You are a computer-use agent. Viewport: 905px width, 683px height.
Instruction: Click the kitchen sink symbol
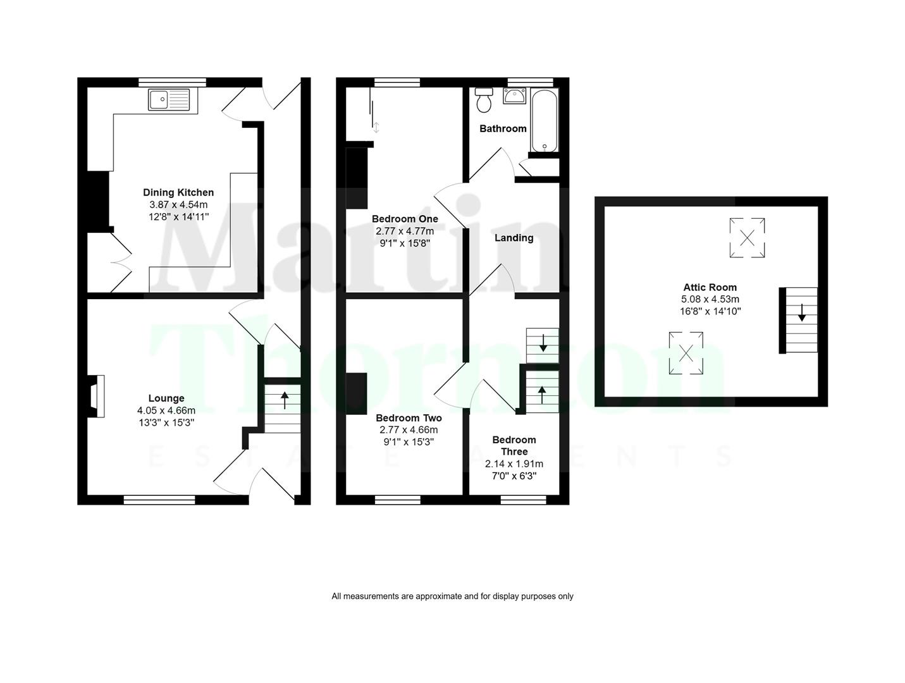pyautogui.click(x=169, y=100)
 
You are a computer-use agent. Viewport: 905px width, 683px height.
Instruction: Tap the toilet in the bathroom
pyautogui.click(x=484, y=99)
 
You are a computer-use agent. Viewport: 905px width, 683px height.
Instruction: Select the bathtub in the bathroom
pyautogui.click(x=544, y=120)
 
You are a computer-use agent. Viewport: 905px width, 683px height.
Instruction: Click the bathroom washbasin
pyautogui.click(x=514, y=95)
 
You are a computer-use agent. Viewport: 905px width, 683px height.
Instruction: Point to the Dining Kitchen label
pyautogui.click(x=178, y=192)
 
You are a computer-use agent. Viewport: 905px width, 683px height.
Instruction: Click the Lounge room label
pyautogui.click(x=166, y=398)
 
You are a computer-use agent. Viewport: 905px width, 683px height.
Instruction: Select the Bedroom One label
pyautogui.click(x=405, y=219)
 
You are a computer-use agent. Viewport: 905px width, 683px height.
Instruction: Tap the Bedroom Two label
pyautogui.click(x=409, y=418)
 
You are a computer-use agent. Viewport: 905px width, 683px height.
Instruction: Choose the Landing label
pyautogui.click(x=514, y=238)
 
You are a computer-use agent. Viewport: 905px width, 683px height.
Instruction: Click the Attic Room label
pyautogui.click(x=710, y=287)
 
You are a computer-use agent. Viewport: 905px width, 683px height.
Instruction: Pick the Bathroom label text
pyautogui.click(x=503, y=128)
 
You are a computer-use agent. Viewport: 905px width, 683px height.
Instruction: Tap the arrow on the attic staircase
pyautogui.click(x=801, y=313)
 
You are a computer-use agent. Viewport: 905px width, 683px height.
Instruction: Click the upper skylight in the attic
pyautogui.click(x=747, y=238)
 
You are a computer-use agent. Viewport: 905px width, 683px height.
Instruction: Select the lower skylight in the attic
pyautogui.click(x=686, y=353)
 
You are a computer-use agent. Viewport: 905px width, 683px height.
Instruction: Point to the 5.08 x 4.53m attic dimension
pyautogui.click(x=710, y=299)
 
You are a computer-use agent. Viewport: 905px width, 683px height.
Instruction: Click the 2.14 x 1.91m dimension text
pyautogui.click(x=514, y=464)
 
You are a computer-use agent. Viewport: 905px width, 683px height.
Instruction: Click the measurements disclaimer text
pyautogui.click(x=452, y=596)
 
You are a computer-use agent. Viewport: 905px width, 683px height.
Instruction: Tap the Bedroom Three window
pyautogui.click(x=523, y=500)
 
